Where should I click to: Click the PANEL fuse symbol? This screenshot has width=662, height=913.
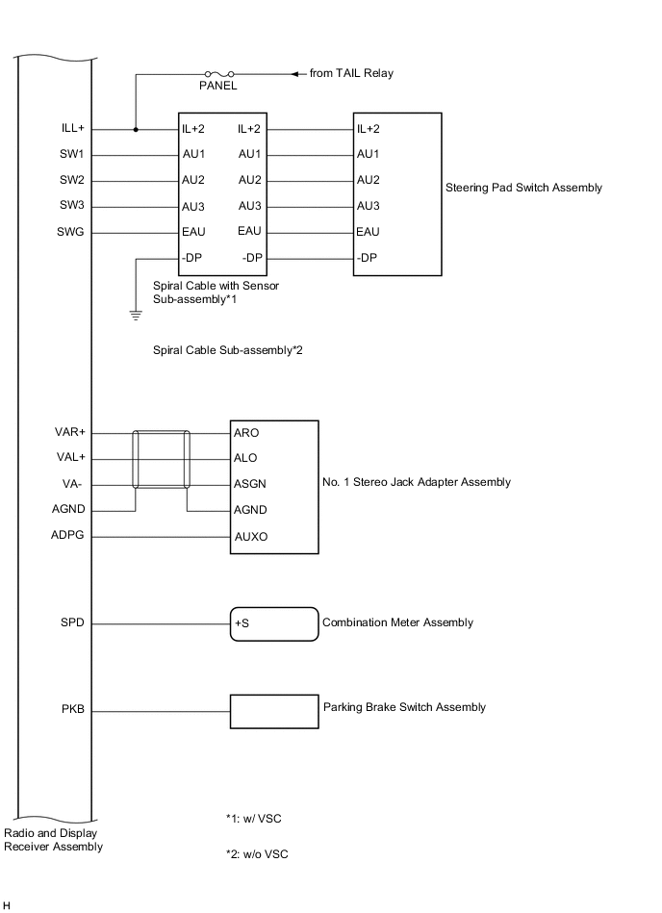[x=217, y=73]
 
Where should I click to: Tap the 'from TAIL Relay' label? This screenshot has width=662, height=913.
[x=351, y=73]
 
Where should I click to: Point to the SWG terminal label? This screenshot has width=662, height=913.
[x=71, y=232]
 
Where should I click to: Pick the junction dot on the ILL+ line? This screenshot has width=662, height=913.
[x=136, y=129]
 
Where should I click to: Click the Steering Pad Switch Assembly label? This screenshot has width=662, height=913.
[x=523, y=188]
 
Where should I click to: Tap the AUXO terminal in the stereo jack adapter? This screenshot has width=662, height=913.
[x=249, y=536]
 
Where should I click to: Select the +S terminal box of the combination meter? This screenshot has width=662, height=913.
[x=273, y=623]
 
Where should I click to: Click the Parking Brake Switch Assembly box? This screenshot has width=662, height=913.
[x=273, y=712]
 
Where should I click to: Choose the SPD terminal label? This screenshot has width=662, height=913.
[x=72, y=623]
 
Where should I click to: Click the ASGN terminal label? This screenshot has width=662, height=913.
[x=249, y=484]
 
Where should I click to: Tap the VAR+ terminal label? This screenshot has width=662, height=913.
[x=70, y=432]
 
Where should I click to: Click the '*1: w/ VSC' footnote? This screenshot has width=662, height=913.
[x=254, y=819]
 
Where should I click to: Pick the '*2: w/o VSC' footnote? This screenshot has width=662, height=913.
[x=257, y=853]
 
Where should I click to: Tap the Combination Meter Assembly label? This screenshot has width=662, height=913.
[x=397, y=622]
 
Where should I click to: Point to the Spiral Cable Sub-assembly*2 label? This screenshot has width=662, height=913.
[x=228, y=349]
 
